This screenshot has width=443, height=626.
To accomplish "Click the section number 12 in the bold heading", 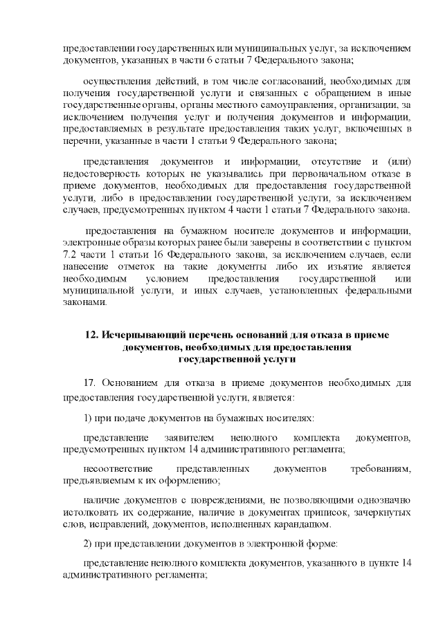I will coord(90,335).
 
